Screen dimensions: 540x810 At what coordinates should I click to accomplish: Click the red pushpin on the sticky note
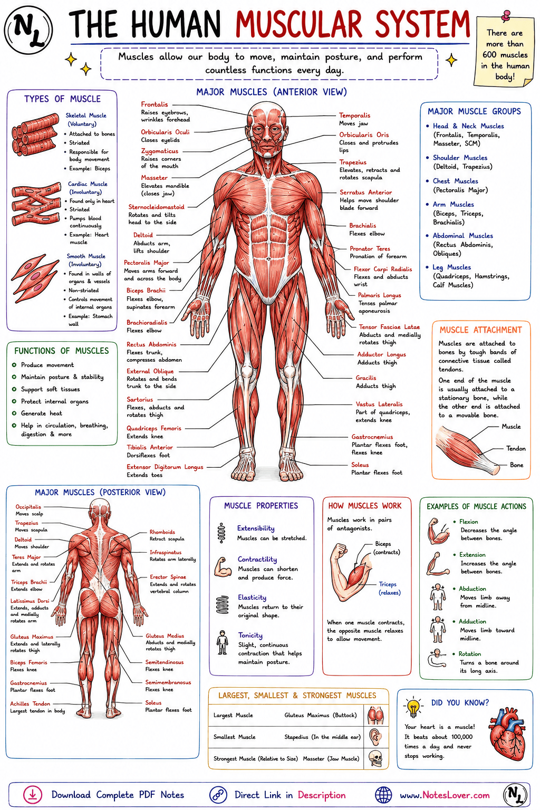coord(505,15)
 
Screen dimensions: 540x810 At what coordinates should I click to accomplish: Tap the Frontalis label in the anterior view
coord(155,104)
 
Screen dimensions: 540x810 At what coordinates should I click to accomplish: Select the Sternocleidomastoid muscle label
coord(156,207)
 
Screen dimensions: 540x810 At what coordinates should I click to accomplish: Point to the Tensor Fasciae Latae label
coord(389,326)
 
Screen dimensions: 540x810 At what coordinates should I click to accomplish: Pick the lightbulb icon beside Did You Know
coord(413,707)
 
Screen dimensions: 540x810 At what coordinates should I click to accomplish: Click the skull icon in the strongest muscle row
coord(375,758)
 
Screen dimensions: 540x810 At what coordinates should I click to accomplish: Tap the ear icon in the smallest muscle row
coord(375,736)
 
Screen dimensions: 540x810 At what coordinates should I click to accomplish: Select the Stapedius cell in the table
coord(322,737)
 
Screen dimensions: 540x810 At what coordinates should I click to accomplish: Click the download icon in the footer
coord(33,795)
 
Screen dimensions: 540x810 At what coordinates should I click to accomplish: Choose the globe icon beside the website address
coord(383,795)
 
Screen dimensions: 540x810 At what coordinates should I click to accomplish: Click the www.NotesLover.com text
coord(445,795)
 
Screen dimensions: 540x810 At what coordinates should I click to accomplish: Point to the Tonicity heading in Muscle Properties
coord(250,635)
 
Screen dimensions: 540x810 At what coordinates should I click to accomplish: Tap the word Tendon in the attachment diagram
coord(516,448)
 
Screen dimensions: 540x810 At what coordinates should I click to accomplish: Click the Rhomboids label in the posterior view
coord(162,532)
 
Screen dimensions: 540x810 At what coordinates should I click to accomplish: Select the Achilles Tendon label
coord(30,703)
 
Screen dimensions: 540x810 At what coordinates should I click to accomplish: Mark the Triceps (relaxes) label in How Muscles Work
coord(389,589)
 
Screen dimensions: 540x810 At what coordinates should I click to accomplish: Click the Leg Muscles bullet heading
coord(452,267)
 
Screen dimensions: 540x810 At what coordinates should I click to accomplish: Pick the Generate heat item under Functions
coord(41,413)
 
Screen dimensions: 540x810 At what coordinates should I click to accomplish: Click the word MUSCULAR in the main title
coord(298,25)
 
